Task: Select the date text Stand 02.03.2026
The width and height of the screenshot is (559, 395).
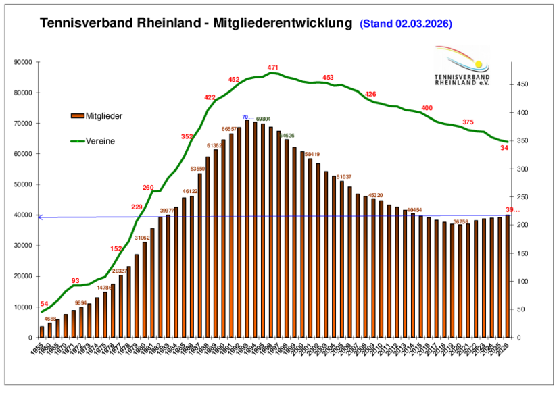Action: click(x=406, y=24)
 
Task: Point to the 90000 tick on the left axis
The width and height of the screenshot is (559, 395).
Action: click(x=24, y=62)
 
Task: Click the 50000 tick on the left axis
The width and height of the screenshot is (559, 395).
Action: click(x=24, y=184)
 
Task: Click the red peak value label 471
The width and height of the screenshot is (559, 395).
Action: click(x=273, y=68)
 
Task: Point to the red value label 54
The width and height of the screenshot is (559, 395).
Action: click(x=45, y=304)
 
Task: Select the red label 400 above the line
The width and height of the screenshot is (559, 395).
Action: click(x=427, y=108)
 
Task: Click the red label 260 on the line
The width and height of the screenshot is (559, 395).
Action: click(x=148, y=188)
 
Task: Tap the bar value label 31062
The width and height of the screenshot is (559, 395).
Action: click(x=142, y=238)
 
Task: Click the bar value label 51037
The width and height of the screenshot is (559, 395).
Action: click(x=345, y=176)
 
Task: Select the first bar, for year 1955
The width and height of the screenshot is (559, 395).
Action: click(x=42, y=332)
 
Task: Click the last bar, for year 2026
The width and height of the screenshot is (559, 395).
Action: click(x=508, y=276)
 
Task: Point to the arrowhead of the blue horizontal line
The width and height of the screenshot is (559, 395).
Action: click(x=40, y=217)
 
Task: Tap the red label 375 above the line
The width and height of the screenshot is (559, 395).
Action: click(x=468, y=122)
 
